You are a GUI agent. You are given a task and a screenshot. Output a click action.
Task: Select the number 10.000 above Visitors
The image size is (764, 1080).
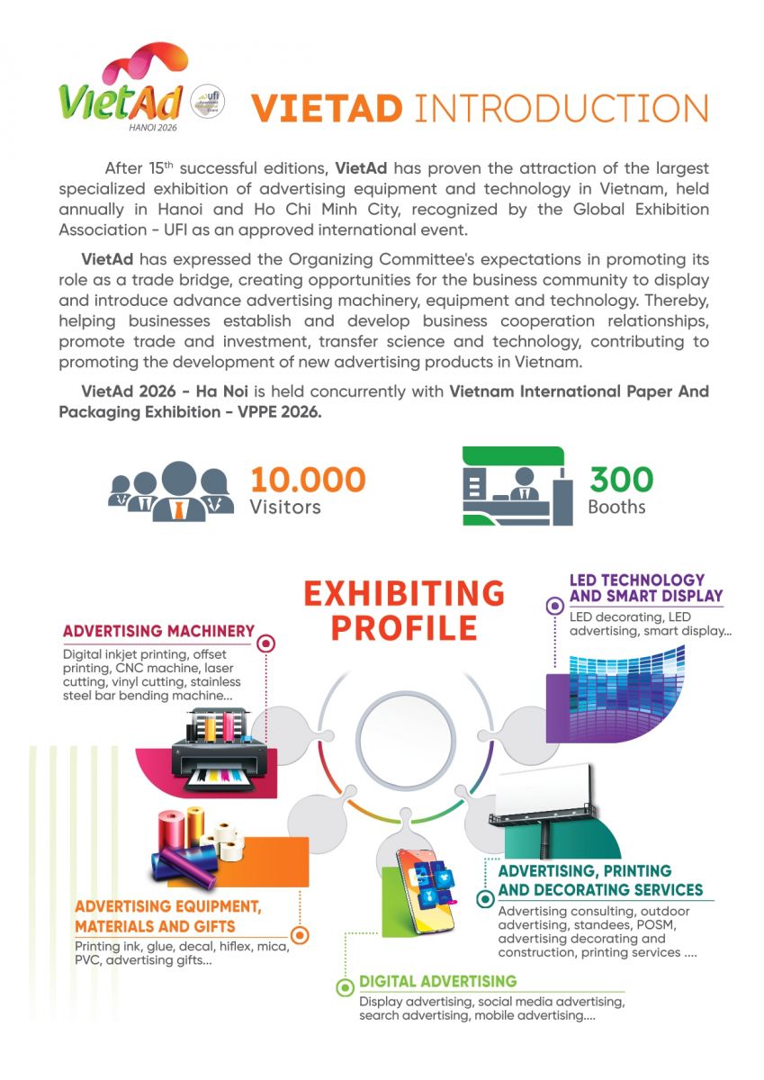pos(308,480)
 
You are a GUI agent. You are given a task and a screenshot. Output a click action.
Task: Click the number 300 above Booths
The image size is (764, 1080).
pos(621,480)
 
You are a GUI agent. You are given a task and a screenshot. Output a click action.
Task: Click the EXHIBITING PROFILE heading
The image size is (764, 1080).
pos(404,610)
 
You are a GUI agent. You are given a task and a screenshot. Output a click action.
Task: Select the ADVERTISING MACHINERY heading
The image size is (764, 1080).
pos(158,632)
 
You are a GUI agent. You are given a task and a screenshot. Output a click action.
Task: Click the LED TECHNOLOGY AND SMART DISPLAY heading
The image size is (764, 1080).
pos(646,588)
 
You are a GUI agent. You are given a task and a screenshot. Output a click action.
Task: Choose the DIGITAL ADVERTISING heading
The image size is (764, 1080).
pos(438,981)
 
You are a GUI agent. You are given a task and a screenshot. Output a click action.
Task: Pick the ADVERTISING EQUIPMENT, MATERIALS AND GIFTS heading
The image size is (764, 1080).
pos(168,916)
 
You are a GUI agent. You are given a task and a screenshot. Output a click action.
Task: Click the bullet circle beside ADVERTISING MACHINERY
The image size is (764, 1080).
pos(266,644)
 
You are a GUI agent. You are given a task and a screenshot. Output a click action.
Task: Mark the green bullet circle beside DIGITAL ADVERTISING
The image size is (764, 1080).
pos(344,988)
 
